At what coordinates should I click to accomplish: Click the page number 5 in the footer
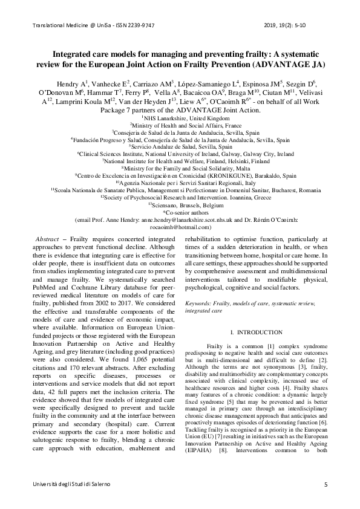[x=326, y=485]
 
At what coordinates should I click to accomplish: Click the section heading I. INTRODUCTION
[x=257, y=332]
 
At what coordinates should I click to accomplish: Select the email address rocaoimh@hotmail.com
[x=179, y=227]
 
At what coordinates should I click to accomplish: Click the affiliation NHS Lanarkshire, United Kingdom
[x=180, y=102]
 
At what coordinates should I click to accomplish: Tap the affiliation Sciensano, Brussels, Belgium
[x=180, y=206]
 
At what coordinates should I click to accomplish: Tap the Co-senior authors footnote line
[x=180, y=213]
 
